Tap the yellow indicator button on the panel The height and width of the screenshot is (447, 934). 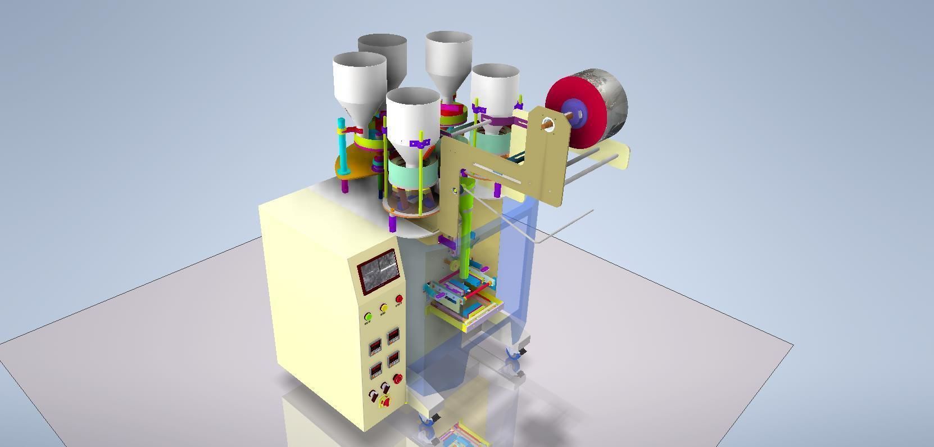tap(384, 308)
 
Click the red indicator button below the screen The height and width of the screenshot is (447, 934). tap(399, 299)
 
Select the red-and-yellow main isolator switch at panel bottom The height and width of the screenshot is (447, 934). tap(386, 402)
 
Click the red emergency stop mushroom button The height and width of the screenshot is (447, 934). tap(398, 379)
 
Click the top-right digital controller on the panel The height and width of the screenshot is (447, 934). tap(393, 337)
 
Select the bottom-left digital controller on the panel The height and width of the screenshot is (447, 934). tap(375, 371)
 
